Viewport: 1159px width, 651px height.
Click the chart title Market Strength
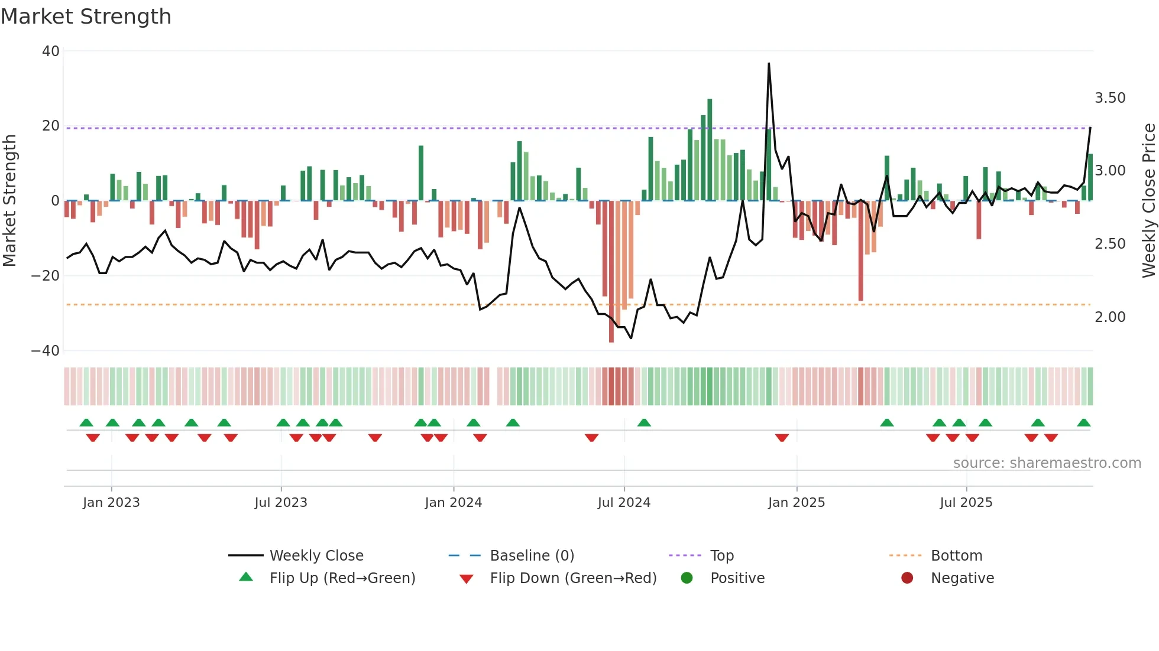[x=86, y=17]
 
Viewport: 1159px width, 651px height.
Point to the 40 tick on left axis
[x=51, y=51]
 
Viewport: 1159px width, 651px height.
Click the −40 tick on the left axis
[x=46, y=351]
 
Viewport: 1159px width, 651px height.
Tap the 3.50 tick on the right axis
[x=1110, y=98]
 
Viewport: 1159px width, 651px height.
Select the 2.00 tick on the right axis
[x=1110, y=317]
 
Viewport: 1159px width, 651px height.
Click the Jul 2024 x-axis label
[x=624, y=503]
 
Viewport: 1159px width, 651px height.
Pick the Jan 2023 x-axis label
[x=111, y=503]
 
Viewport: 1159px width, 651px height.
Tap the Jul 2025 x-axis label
[x=966, y=503]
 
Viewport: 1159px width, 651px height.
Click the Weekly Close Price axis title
[x=1148, y=201]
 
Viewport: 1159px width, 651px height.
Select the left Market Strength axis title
[x=10, y=201]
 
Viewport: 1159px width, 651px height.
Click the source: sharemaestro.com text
[x=1047, y=463]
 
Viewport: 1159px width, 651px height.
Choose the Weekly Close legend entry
[x=316, y=556]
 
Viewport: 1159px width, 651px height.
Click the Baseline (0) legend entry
[x=532, y=556]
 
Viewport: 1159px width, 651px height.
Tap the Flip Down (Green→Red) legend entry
[x=572, y=578]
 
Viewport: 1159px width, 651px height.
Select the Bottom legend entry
[x=956, y=556]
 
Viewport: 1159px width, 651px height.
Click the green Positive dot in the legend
[x=687, y=578]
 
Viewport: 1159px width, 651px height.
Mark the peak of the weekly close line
[x=769, y=63]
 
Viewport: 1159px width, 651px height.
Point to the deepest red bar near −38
[x=611, y=340]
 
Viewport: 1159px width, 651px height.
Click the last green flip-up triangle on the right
[x=1084, y=423]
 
